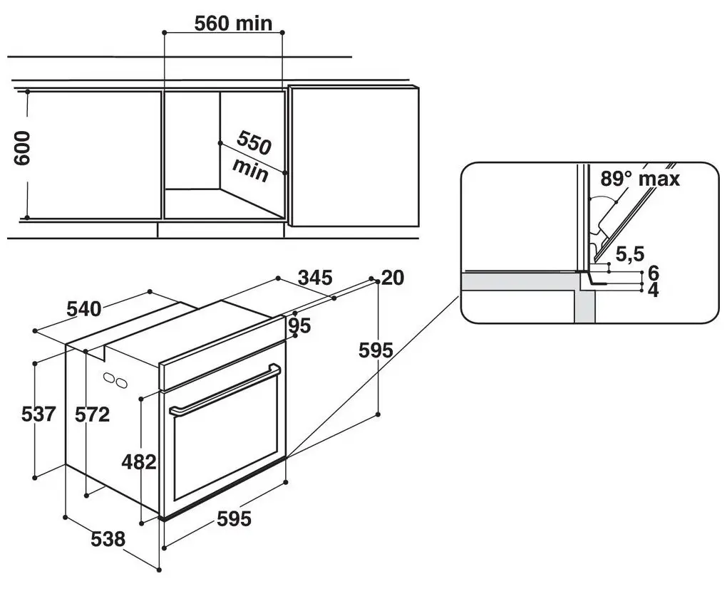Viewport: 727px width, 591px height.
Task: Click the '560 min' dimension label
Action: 233,23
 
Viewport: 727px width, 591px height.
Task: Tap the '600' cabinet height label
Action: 22,148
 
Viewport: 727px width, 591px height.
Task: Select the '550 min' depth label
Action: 252,156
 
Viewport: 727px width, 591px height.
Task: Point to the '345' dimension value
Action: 315,278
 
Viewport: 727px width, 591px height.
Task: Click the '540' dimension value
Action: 84,308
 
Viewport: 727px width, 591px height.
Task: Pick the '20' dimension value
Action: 392,278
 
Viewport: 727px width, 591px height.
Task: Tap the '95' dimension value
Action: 299,326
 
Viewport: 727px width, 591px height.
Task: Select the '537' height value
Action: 38,414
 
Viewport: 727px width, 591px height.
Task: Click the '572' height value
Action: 92,414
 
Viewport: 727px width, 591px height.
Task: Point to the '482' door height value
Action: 139,462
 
